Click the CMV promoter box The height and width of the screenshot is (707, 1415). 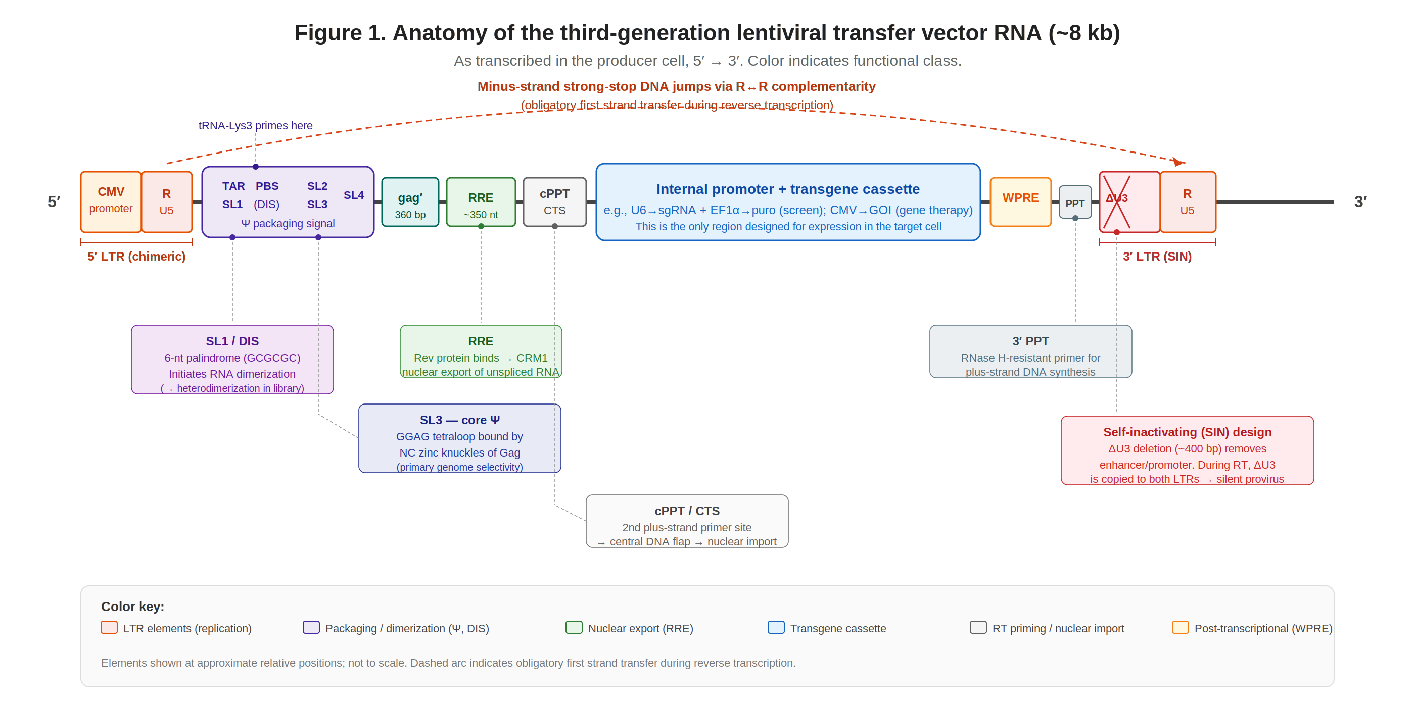click(111, 201)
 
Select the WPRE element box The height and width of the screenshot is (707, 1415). click(1020, 201)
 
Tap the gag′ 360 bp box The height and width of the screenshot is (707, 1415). click(410, 202)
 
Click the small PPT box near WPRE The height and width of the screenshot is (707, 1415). click(1074, 203)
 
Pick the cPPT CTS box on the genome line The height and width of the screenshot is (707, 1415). click(554, 201)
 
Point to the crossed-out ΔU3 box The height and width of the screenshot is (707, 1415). click(1129, 201)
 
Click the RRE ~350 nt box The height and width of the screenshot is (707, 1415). click(481, 202)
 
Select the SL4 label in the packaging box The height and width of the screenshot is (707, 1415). click(354, 195)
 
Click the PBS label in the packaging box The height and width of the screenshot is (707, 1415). click(267, 186)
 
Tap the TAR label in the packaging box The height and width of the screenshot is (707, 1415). click(233, 186)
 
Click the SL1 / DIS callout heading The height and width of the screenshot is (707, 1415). click(232, 341)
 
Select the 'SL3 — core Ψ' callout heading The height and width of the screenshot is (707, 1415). click(460, 420)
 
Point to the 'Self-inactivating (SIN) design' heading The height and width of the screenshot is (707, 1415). click(1187, 432)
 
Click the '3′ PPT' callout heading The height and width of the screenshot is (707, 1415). click(1030, 341)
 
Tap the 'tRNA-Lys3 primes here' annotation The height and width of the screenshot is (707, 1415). click(255, 126)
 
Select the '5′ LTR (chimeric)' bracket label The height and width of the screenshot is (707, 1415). click(137, 257)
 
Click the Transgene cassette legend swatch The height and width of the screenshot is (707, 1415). click(776, 627)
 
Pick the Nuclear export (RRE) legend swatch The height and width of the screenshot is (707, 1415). click(574, 627)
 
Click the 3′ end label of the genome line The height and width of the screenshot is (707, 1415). click(1360, 201)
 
